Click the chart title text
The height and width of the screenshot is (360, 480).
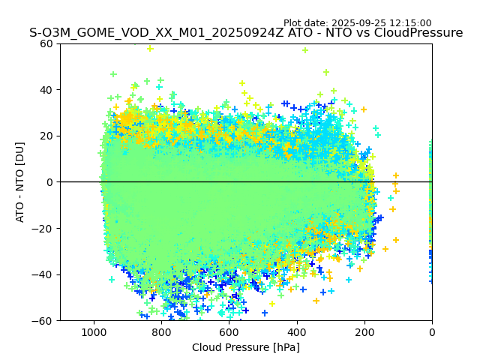(x=246, y=33)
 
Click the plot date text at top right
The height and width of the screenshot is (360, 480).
(x=357, y=23)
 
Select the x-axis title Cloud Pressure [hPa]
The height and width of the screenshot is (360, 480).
(x=246, y=347)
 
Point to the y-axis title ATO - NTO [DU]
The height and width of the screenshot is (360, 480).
(x=20, y=182)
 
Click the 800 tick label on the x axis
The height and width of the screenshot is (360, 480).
(x=161, y=331)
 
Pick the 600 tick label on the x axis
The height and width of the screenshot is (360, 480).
(x=229, y=331)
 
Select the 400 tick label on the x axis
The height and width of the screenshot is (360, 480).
(x=296, y=331)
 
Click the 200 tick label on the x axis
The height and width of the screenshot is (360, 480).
(x=364, y=331)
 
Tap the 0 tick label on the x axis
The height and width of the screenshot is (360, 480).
(x=431, y=331)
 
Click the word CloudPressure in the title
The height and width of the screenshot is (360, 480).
(x=421, y=33)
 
